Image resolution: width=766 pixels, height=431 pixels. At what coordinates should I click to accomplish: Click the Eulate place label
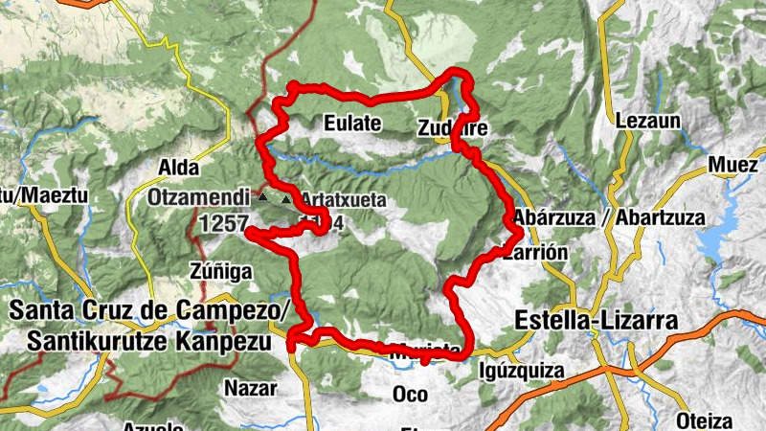click(352, 124)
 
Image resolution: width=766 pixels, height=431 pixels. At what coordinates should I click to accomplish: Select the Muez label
click(733, 165)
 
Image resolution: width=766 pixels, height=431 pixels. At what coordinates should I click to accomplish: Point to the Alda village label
click(177, 168)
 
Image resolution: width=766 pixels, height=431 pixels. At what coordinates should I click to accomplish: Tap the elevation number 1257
click(223, 222)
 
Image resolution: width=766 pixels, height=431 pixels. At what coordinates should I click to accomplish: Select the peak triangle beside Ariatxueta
click(285, 199)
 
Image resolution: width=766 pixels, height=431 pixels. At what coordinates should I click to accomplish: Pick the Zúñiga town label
click(220, 272)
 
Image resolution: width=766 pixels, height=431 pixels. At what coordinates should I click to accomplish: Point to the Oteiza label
click(704, 420)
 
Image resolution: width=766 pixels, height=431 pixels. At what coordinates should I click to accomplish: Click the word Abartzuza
click(659, 217)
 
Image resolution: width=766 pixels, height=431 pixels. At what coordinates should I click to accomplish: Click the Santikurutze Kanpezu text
click(147, 340)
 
